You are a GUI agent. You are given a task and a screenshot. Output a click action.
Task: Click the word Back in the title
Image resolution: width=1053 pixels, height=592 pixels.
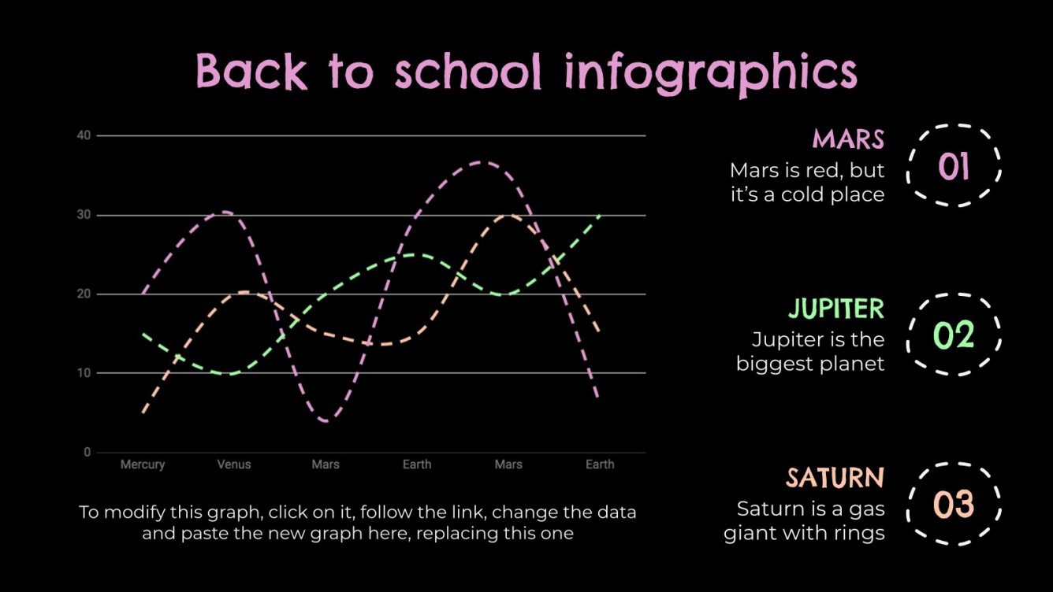tap(251, 72)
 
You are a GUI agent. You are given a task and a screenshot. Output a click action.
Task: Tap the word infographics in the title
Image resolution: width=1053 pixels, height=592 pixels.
tap(710, 73)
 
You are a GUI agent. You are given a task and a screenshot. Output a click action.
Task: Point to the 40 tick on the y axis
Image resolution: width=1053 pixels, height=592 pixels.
tap(84, 135)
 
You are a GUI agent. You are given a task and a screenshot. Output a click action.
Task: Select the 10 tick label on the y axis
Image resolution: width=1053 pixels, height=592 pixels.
tap(84, 373)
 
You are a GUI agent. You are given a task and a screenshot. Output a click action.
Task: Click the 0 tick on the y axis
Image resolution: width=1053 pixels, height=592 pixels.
tap(87, 453)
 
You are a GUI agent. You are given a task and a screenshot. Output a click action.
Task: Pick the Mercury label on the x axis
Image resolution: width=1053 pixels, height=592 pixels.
tap(143, 464)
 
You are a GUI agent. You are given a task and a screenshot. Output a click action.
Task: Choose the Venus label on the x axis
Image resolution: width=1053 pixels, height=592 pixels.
tap(234, 464)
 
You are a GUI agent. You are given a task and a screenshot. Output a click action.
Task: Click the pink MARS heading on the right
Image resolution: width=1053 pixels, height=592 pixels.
tap(848, 139)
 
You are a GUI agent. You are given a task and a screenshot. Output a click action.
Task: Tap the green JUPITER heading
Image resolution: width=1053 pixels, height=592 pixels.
tap(836, 309)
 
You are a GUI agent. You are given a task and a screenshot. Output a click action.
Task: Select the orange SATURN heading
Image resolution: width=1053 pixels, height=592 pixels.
tap(835, 478)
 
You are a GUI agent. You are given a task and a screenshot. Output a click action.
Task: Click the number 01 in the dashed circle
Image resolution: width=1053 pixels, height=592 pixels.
tap(954, 166)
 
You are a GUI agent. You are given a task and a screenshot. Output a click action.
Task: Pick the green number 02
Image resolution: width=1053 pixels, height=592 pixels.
tap(954, 335)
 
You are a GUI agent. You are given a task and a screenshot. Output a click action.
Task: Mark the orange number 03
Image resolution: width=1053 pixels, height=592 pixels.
tap(954, 505)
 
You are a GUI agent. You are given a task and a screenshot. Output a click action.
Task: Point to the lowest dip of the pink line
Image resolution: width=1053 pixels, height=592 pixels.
tap(326, 421)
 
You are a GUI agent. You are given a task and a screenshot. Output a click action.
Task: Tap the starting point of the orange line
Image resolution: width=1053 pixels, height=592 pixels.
tap(143, 413)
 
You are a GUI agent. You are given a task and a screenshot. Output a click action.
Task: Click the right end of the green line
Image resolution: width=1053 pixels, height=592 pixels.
tap(600, 215)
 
